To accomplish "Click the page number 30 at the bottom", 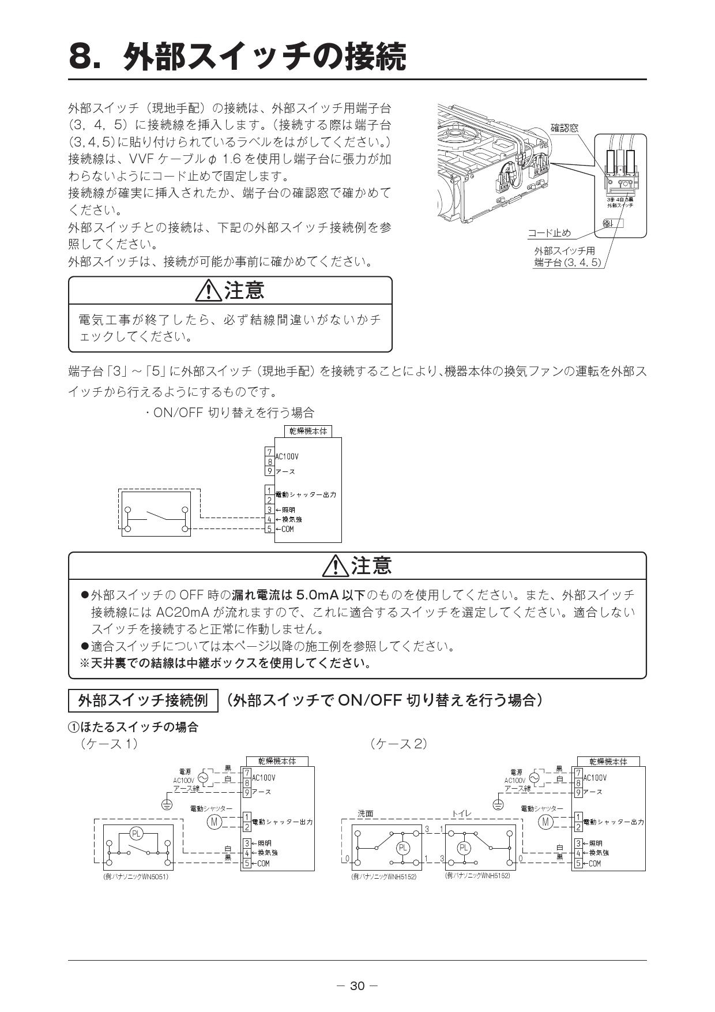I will click(x=357, y=986).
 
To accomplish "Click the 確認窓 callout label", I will click(x=564, y=128).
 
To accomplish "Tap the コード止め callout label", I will click(x=549, y=233).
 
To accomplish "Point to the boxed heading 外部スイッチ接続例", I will click(x=142, y=701).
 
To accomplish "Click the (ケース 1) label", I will click(x=109, y=744).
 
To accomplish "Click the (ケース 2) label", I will click(x=399, y=744).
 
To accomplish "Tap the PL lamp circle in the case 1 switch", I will click(x=136, y=833).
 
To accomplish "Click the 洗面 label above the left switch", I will click(x=365, y=814).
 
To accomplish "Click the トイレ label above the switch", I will click(x=461, y=814).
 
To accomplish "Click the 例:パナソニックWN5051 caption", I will click(x=136, y=876).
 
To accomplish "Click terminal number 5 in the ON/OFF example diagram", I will click(x=269, y=529).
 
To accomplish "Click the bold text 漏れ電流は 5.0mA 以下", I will click(x=299, y=595).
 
